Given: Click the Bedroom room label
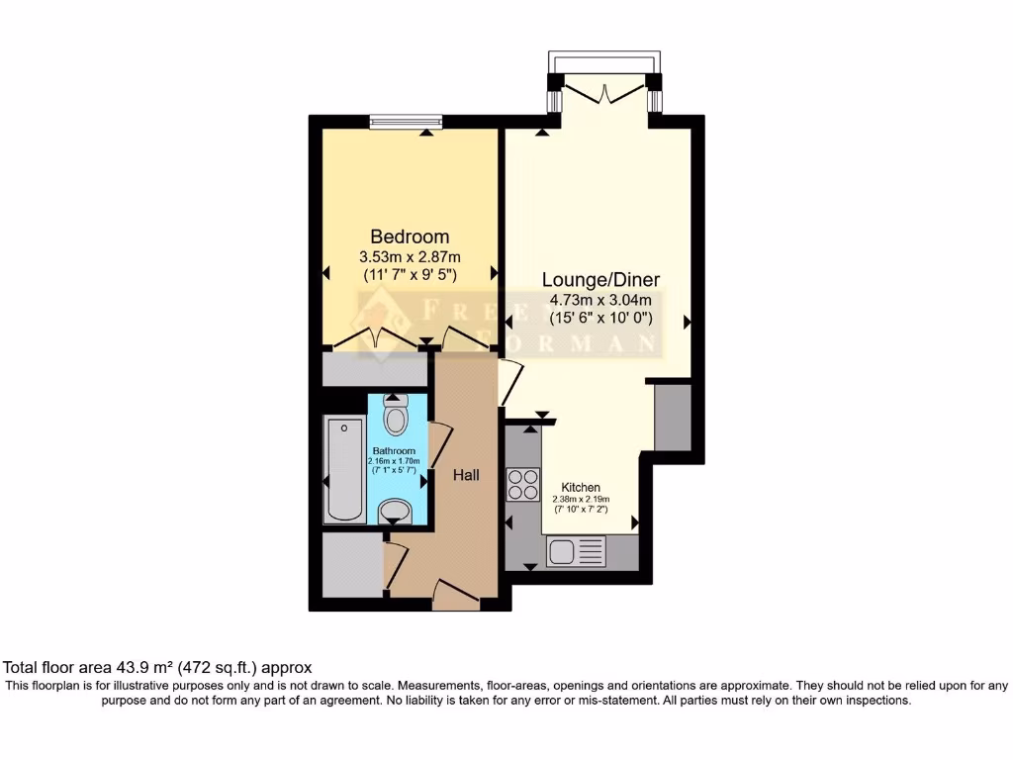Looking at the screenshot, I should (410, 237).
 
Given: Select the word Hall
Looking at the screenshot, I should (466, 476).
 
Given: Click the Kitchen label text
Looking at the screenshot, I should (581, 488).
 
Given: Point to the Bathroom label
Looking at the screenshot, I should (393, 451).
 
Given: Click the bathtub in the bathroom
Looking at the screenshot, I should (344, 468).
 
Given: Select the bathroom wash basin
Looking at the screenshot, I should (397, 511).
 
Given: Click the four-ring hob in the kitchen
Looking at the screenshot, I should (522, 484).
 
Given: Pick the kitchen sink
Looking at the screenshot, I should (575, 551).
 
